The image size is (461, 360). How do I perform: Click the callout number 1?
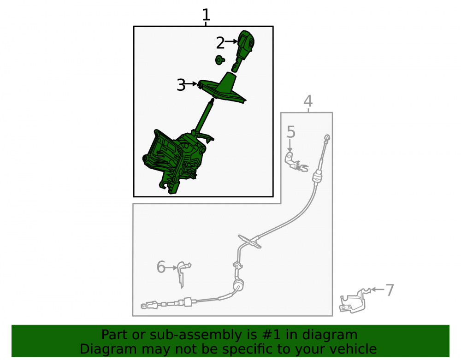tap(206, 15)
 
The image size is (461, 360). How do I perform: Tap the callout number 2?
tap(220, 43)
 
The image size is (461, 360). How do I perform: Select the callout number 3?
tap(181, 85)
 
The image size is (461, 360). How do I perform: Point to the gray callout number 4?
tap(308, 101)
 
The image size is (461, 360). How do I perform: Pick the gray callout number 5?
tap(291, 132)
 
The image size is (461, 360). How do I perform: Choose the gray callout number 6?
tap(161, 267)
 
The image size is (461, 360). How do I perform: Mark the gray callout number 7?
tap(390, 290)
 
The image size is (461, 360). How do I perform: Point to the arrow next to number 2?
tap(231, 41)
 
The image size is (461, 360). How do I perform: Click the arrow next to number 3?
tap(191, 84)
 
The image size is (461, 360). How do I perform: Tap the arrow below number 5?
tap(290, 146)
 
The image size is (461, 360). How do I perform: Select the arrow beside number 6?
tap(171, 268)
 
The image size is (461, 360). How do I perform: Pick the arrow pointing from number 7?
tap(378, 289)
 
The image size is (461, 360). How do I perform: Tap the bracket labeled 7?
tap(354, 301)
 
